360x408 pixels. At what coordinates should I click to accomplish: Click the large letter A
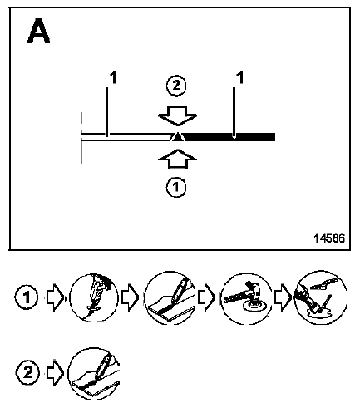[x=38, y=31]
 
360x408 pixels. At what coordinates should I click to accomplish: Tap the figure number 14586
[x=329, y=238]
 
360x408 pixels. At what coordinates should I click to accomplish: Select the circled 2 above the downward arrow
[x=176, y=86]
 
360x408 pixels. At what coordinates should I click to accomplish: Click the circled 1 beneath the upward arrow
[x=176, y=188]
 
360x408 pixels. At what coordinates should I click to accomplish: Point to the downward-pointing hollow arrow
[x=177, y=116]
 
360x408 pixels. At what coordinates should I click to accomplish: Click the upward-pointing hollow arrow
[x=177, y=159]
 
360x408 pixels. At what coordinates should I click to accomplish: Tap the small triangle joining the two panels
[x=177, y=137]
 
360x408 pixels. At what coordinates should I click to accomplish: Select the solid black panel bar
[x=229, y=137]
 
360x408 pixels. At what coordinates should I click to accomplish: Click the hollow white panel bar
[x=126, y=137]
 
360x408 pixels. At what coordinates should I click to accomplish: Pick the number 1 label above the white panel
[x=113, y=77]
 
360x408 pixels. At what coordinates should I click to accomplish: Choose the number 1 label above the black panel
[x=240, y=77]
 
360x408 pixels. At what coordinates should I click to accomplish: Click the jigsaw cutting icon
[x=94, y=297]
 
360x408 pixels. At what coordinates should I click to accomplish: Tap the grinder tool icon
[x=246, y=298]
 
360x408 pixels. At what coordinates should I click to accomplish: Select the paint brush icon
[x=320, y=297]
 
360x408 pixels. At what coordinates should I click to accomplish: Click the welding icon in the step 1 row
[x=170, y=297]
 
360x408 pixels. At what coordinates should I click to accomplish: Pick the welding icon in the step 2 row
[x=94, y=373]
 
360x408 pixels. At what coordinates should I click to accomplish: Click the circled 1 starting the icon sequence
[x=27, y=297]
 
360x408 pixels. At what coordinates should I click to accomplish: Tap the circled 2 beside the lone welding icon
[x=27, y=372]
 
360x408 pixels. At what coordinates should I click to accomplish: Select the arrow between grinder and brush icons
[x=284, y=297]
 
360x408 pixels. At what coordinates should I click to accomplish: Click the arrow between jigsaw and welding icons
[x=131, y=297]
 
